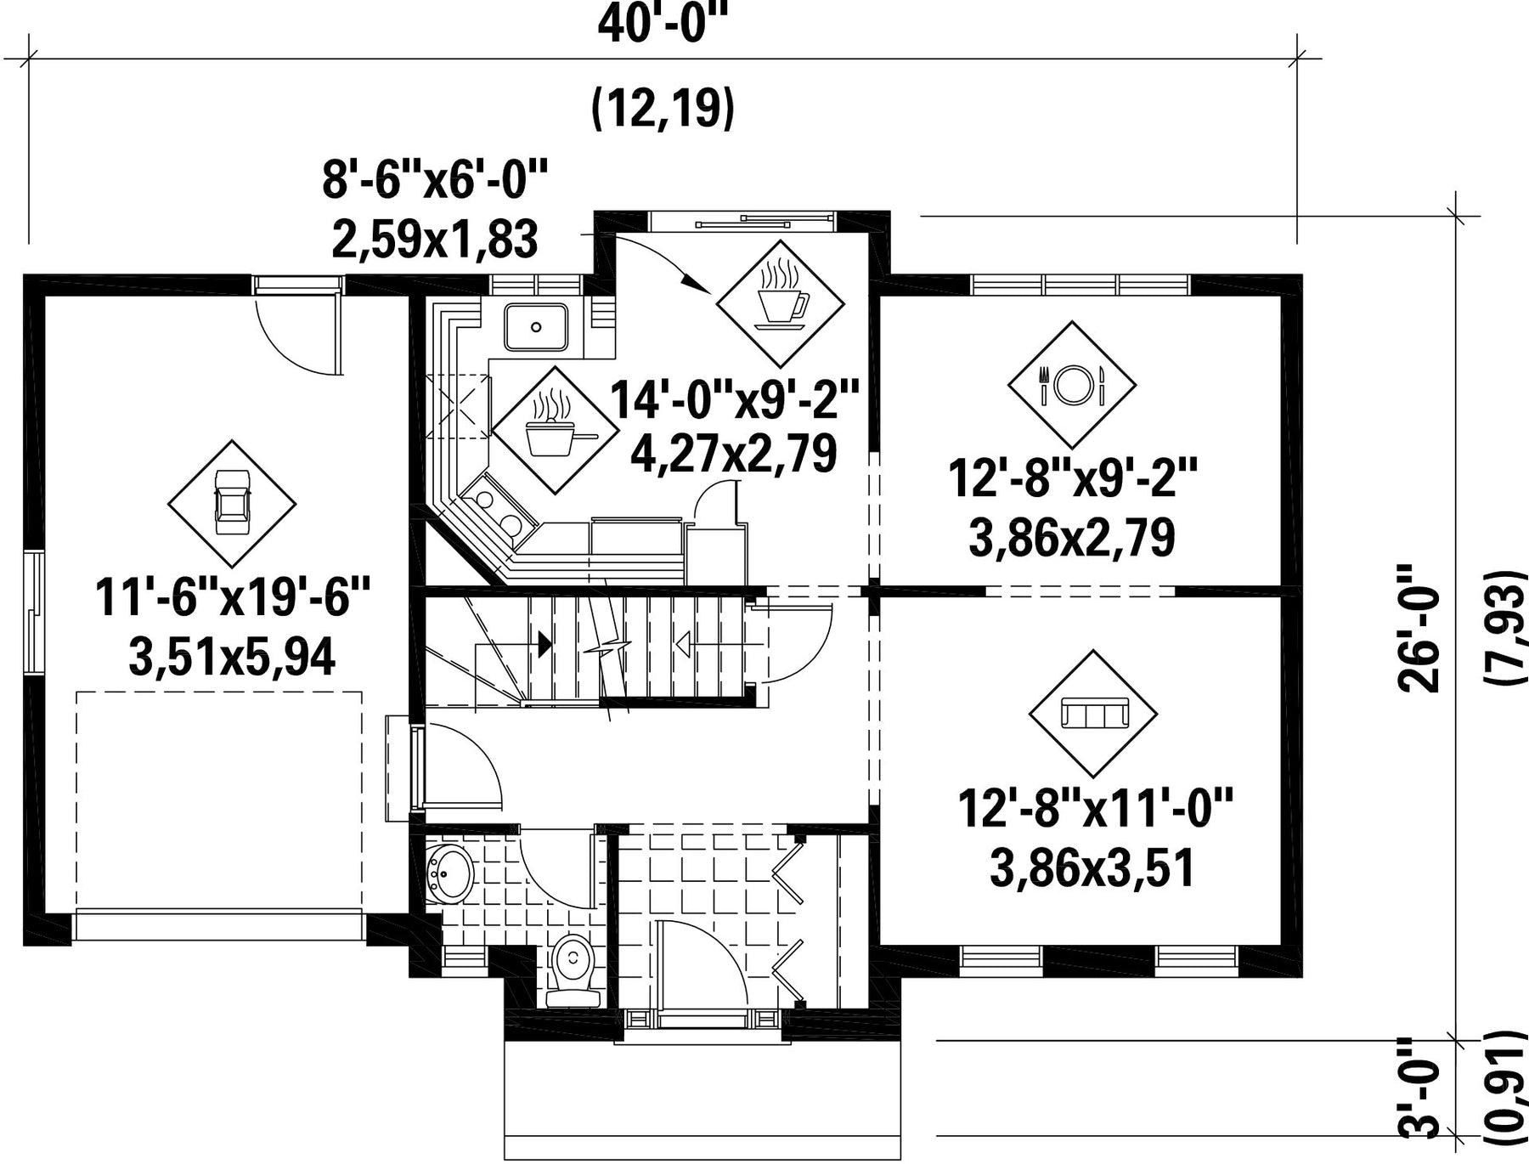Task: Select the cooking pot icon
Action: click(x=556, y=431)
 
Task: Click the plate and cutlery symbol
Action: click(x=1072, y=385)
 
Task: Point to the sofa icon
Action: click(x=1093, y=714)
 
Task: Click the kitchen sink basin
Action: click(x=536, y=327)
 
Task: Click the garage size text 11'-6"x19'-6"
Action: click(x=233, y=596)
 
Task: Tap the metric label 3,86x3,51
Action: click(x=1092, y=868)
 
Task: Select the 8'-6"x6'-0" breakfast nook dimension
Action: click(x=434, y=181)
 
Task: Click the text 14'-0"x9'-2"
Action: click(x=736, y=399)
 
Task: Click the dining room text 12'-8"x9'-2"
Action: click(x=1072, y=478)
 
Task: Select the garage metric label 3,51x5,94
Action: click(x=232, y=657)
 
